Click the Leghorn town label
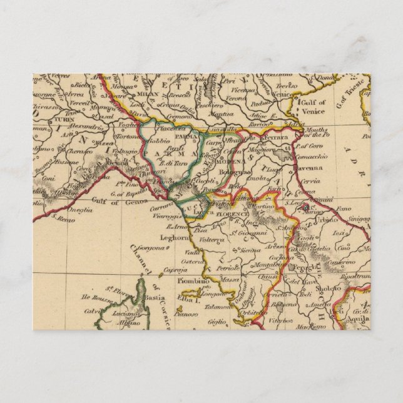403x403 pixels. [x=173, y=237]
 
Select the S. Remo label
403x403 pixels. [x=64, y=218]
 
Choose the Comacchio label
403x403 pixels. [x=310, y=153]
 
